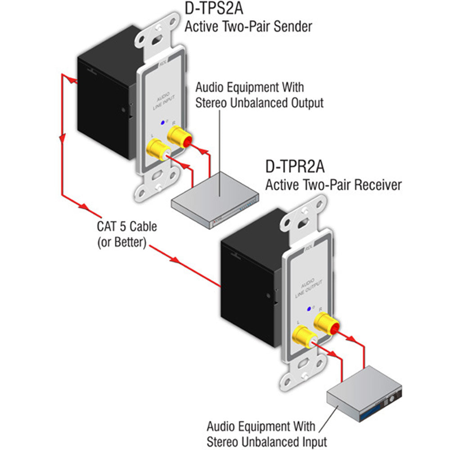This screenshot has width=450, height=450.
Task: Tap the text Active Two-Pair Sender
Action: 248,27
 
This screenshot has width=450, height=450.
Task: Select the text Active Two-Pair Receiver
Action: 333,184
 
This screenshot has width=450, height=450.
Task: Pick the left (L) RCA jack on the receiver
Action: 303,337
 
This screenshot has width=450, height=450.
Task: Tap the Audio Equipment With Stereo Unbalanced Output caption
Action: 259,94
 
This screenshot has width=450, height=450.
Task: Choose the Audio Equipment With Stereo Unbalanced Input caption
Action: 266,433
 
